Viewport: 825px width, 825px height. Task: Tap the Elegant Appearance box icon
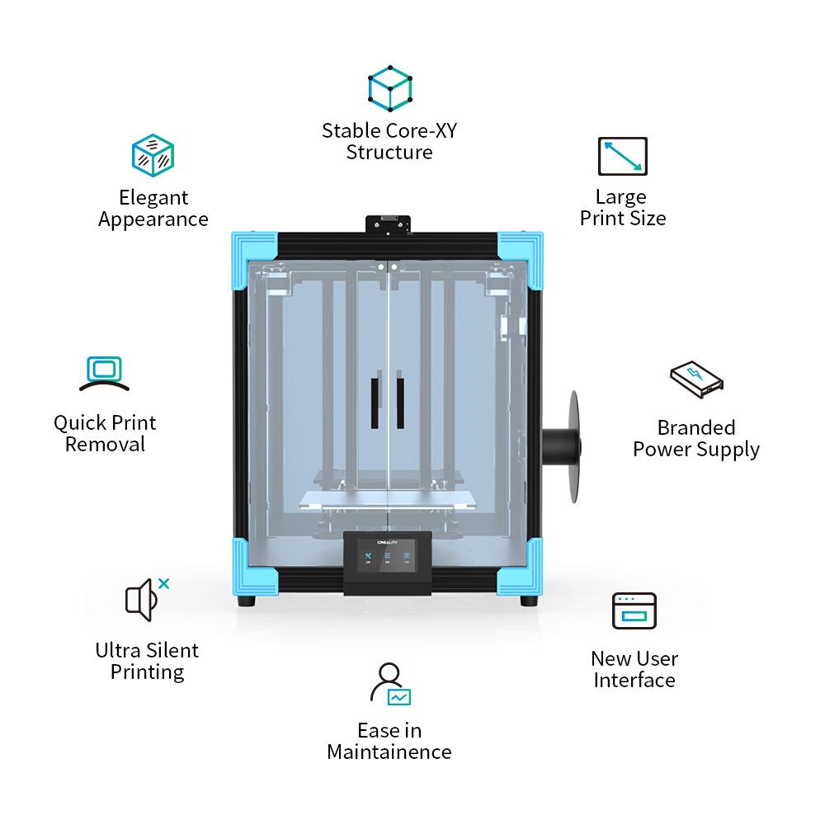pyautogui.click(x=153, y=155)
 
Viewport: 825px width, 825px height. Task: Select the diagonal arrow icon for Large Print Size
pyautogui.click(x=622, y=156)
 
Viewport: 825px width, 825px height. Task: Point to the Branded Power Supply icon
pyautogui.click(x=696, y=380)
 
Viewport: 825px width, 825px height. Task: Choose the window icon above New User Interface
pyautogui.click(x=634, y=611)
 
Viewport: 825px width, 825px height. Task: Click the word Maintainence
pyautogui.click(x=389, y=752)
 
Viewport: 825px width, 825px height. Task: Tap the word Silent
pyautogui.click(x=172, y=649)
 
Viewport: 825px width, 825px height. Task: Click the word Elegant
pyautogui.click(x=153, y=197)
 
